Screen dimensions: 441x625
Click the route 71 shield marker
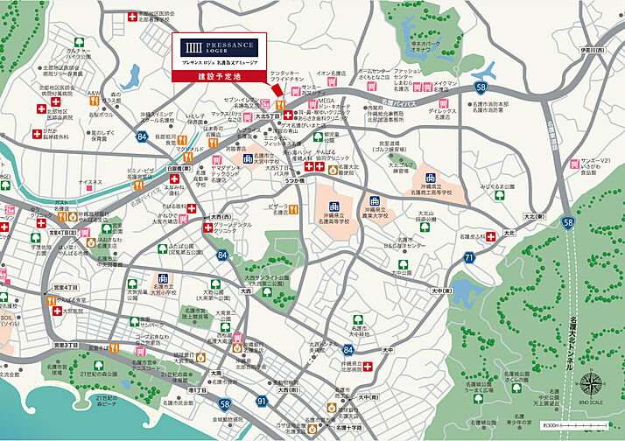click(x=470, y=257)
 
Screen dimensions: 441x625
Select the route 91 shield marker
click(x=261, y=401)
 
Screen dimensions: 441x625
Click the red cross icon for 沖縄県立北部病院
click(x=369, y=367)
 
